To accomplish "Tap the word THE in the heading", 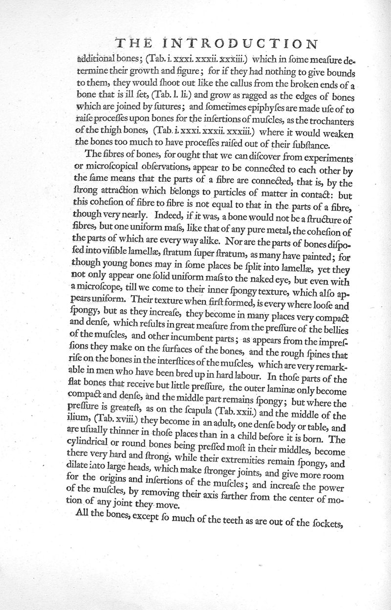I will [130, 43].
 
